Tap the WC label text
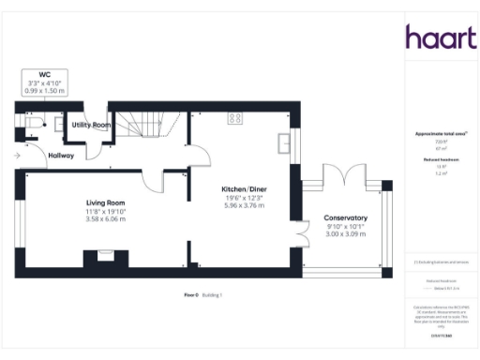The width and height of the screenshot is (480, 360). click(x=44, y=74)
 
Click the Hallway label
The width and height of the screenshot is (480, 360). click(x=61, y=156)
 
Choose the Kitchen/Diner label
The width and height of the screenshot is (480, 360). click(x=245, y=189)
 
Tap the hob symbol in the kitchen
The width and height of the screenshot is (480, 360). click(x=235, y=118)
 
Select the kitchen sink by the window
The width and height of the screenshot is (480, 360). click(x=284, y=142)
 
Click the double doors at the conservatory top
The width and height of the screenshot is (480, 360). click(x=334, y=175)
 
